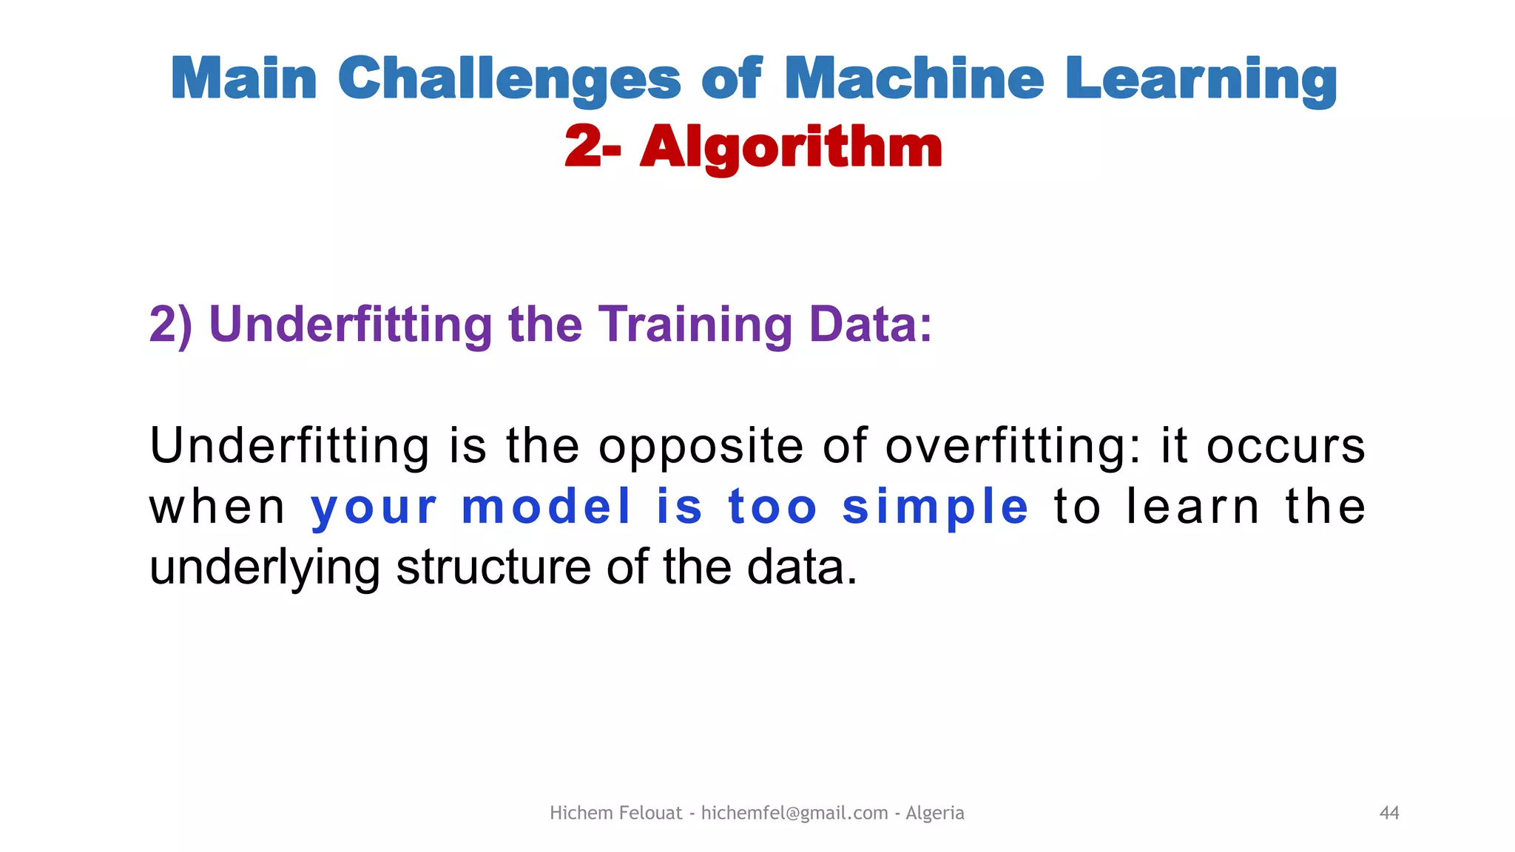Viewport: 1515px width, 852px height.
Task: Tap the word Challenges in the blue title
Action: (509, 80)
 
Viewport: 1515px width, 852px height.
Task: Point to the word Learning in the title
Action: (1201, 80)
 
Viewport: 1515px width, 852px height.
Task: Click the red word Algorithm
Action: (791, 148)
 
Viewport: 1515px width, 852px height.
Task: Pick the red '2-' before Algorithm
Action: (593, 146)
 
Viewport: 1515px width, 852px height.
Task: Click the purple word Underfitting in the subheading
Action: (351, 325)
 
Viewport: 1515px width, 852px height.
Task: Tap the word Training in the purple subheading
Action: (695, 326)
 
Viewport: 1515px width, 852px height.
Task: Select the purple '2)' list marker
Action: (171, 325)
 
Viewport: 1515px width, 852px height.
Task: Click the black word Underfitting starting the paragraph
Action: (289, 446)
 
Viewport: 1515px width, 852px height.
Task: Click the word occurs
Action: (1286, 447)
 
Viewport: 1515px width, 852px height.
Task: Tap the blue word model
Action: (547, 507)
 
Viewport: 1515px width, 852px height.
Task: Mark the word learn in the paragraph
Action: (1192, 507)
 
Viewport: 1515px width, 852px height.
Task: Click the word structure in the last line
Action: (493, 568)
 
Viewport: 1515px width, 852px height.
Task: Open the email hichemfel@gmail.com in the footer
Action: (794, 813)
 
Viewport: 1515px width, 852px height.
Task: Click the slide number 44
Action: (1389, 813)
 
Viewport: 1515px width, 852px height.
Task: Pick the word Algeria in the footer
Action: (935, 813)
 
